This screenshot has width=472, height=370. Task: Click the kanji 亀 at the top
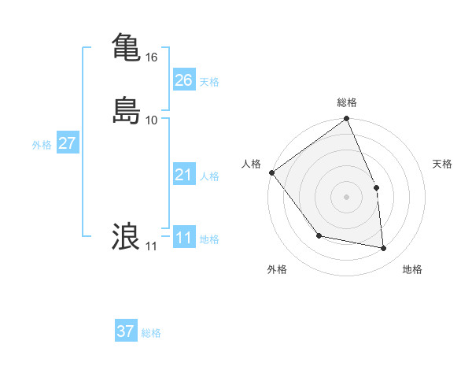pyautogui.click(x=126, y=48)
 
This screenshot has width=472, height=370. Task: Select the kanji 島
pyautogui.click(x=126, y=109)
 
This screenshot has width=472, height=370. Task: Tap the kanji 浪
pyautogui.click(x=126, y=237)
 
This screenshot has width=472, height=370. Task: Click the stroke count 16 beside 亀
pyautogui.click(x=152, y=57)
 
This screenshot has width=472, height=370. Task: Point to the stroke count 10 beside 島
pyautogui.click(x=152, y=120)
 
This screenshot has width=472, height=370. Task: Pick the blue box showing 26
pyautogui.click(x=183, y=80)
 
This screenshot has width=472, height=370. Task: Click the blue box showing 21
pyautogui.click(x=183, y=175)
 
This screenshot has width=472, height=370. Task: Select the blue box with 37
pyautogui.click(x=126, y=331)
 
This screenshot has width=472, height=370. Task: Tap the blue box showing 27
pyautogui.click(x=68, y=143)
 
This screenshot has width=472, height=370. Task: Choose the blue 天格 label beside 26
pyautogui.click(x=209, y=82)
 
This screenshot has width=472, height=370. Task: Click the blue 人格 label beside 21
pyautogui.click(x=209, y=176)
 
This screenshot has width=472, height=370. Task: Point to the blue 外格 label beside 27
pyautogui.click(x=42, y=145)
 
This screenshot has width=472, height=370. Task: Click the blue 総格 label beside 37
pyautogui.click(x=151, y=333)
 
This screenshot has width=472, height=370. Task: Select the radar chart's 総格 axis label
pyautogui.click(x=347, y=102)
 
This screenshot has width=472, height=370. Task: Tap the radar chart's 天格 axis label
pyautogui.click(x=443, y=164)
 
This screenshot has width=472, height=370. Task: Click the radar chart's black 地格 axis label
pyautogui.click(x=412, y=269)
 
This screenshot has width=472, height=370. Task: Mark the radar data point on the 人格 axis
pyautogui.click(x=272, y=172)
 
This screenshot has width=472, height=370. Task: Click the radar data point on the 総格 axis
pyautogui.click(x=347, y=119)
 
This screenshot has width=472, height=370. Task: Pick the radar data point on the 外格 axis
pyautogui.click(x=319, y=235)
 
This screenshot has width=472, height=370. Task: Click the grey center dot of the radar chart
pyautogui.click(x=347, y=197)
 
